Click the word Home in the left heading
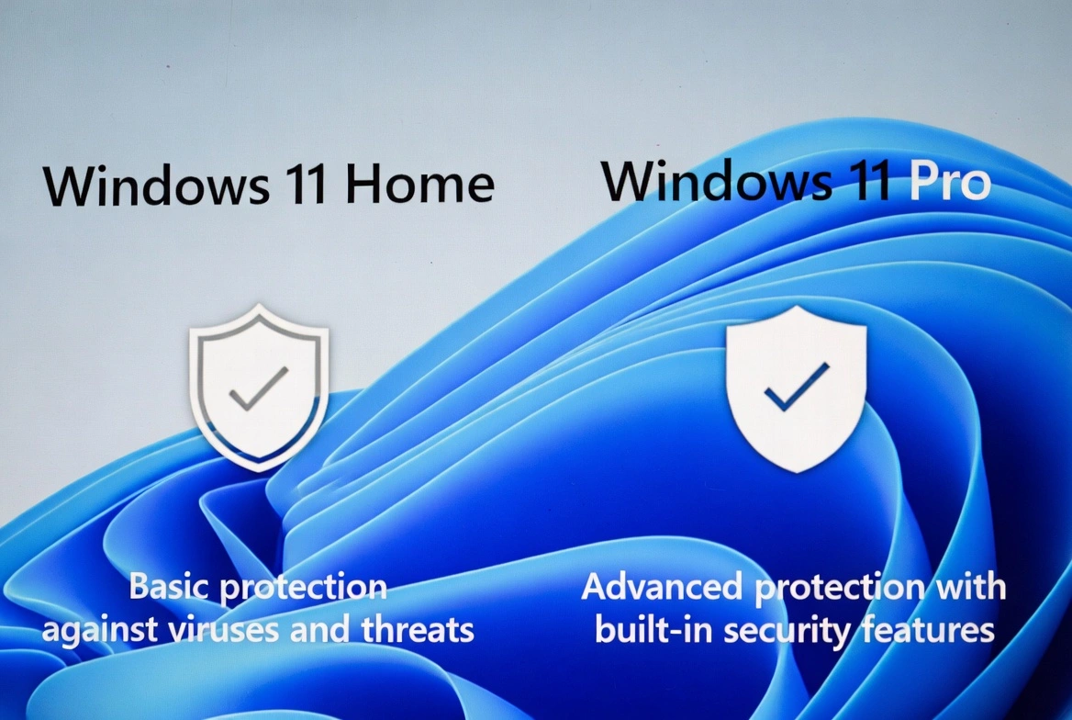pyautogui.click(x=420, y=186)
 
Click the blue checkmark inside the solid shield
pyautogui.click(x=796, y=387)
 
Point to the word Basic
pyautogui.click(x=169, y=587)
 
